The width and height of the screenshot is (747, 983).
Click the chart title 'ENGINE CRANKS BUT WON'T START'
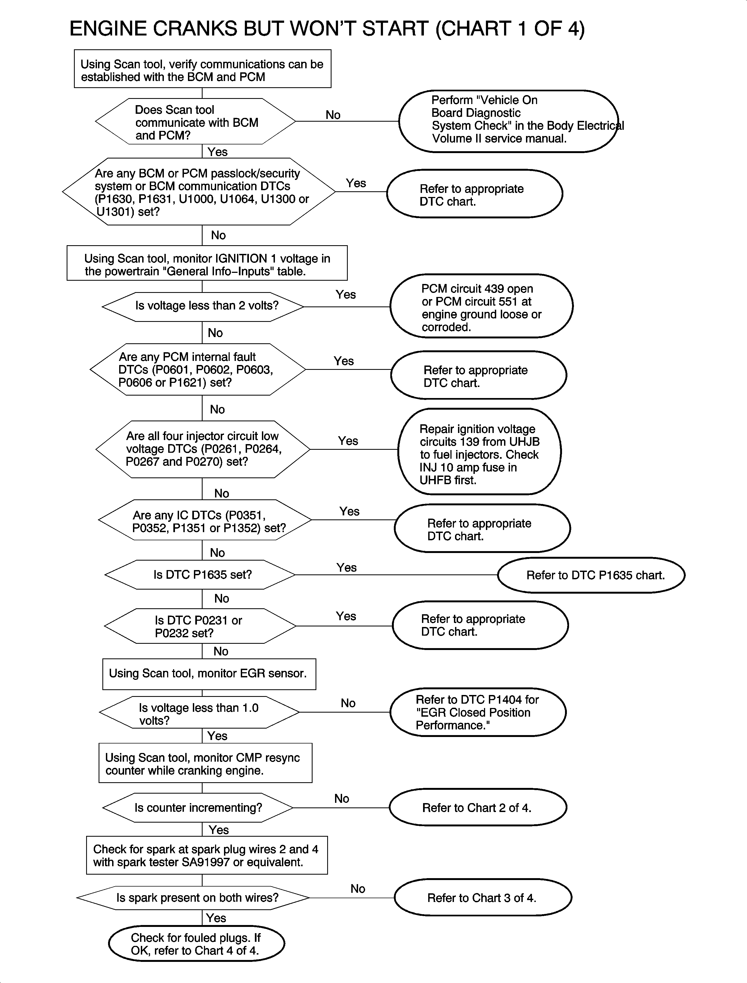click(327, 29)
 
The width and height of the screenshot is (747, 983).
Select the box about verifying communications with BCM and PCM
click(202, 69)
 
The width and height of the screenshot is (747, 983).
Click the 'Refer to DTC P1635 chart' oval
click(591, 575)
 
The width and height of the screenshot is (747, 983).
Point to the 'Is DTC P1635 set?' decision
click(200, 575)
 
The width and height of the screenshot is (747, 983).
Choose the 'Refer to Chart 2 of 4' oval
click(478, 808)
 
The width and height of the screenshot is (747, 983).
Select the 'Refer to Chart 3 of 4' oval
click(482, 898)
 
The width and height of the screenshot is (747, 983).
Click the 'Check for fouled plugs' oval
click(196, 944)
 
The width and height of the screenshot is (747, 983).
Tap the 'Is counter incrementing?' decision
click(198, 808)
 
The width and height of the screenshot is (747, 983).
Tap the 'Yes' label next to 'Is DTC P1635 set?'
click(346, 568)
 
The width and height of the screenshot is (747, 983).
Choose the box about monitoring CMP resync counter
click(205, 764)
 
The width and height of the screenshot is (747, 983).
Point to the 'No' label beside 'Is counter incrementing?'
click(342, 798)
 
